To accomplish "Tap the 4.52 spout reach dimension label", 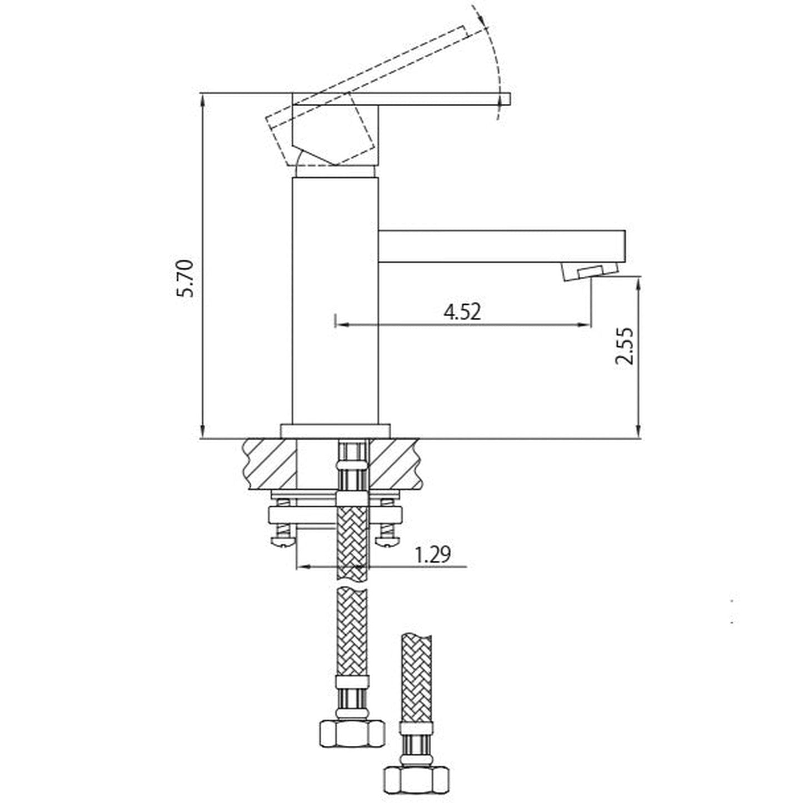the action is tap(462, 312).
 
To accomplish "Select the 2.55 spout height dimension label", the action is tap(624, 346).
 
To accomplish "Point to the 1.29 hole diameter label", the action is tap(432, 555).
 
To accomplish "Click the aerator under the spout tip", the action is tap(589, 272).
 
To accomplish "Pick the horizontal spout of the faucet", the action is tap(502, 246).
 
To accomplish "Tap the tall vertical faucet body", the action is tap(335, 301).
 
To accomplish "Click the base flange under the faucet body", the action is tap(336, 431).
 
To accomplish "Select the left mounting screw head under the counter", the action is tap(283, 541).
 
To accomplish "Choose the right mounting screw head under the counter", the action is tap(387, 541).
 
